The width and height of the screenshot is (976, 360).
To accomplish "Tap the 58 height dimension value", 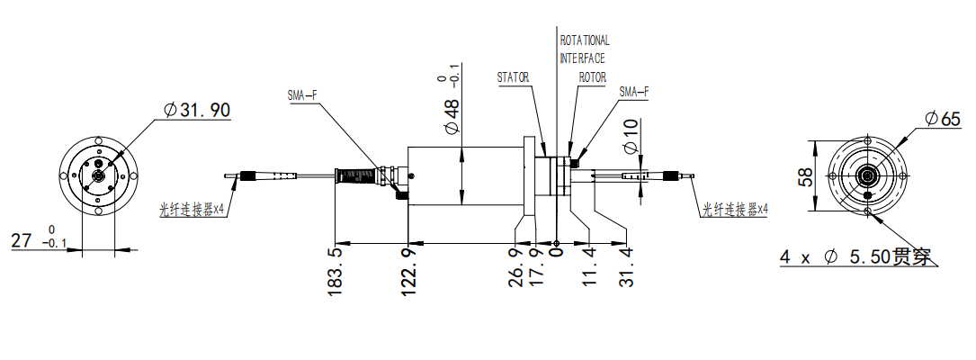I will (806, 176).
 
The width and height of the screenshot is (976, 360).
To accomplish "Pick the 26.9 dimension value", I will (515, 266).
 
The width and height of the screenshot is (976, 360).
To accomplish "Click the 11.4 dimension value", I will (589, 266).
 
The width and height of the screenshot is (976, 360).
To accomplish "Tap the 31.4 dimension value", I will (626, 266).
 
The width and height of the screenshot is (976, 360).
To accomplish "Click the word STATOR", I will (513, 77).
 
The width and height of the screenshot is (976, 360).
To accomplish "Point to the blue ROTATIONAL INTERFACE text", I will (585, 49).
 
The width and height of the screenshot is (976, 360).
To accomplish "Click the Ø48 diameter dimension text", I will (452, 117).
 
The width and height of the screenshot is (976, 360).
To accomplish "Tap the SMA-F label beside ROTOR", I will (634, 93).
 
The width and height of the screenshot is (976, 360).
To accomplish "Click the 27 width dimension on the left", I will (22, 241).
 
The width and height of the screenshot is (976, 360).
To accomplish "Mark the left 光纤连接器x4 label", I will (192, 210).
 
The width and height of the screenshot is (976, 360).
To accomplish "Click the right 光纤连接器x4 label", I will (735, 210).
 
